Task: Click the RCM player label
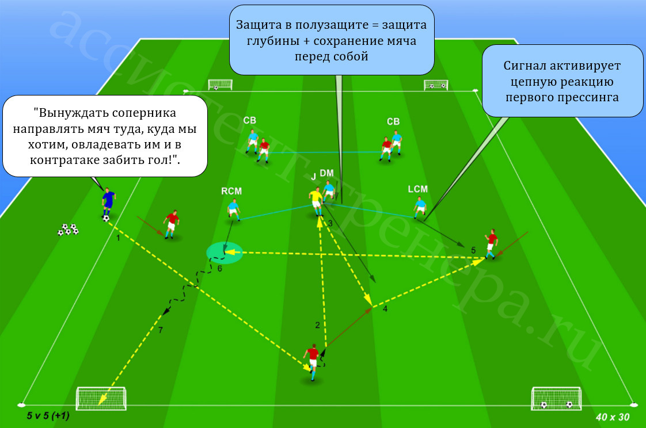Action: pyautogui.click(x=231, y=191)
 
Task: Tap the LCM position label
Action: pyautogui.click(x=418, y=189)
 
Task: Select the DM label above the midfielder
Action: pyautogui.click(x=326, y=173)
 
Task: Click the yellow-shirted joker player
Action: pyautogui.click(x=316, y=201)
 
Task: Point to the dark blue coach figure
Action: pyautogui.click(x=108, y=202)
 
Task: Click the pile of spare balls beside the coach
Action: pyautogui.click(x=68, y=229)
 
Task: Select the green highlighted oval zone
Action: pyautogui.click(x=225, y=253)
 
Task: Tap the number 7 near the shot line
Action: pyautogui.click(x=160, y=330)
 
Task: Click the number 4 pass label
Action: pyautogui.click(x=385, y=309)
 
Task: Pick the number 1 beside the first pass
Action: pyautogui.click(x=118, y=238)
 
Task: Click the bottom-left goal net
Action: pyautogui.click(x=101, y=398)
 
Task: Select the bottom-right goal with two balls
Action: pyautogui.click(x=557, y=398)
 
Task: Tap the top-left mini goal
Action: pyautogui.click(x=221, y=85)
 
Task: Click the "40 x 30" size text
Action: pyautogui.click(x=613, y=417)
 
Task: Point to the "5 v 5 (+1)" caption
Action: pyautogui.click(x=48, y=416)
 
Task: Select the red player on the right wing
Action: pyautogui.click(x=491, y=244)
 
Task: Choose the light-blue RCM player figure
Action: pyautogui.click(x=234, y=209)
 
